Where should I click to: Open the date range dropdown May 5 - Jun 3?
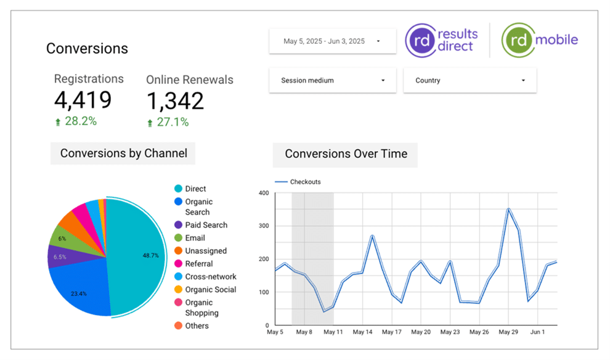[x=332, y=41]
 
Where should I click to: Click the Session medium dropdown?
[x=332, y=81]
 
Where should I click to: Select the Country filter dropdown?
[x=470, y=81]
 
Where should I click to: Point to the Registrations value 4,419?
[x=83, y=100]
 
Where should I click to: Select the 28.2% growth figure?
[x=81, y=121]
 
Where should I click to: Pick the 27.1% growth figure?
[x=173, y=122]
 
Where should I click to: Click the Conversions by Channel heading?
[x=123, y=153]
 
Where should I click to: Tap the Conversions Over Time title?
[x=346, y=154]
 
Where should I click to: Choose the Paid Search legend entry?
[x=206, y=225]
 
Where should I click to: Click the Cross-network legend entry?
[x=210, y=277]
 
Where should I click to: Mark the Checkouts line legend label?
[x=305, y=182]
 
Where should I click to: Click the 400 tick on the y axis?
[x=263, y=193]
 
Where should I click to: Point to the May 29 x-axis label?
[x=508, y=332]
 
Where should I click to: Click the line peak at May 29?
[x=508, y=209]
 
